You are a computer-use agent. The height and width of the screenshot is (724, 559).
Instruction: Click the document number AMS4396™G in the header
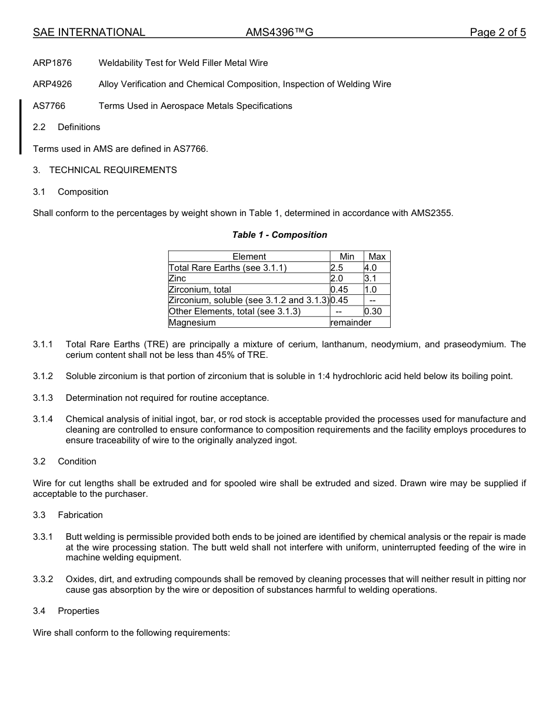[x=279, y=32]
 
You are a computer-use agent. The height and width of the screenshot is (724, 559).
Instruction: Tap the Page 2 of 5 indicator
[x=497, y=32]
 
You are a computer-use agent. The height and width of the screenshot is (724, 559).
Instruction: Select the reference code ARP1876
[x=52, y=62]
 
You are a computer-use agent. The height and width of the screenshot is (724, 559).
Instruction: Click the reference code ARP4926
[x=52, y=84]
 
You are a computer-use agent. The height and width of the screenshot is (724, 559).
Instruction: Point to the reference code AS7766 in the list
[x=49, y=106]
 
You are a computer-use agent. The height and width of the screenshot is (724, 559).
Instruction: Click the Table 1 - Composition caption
[x=279, y=235]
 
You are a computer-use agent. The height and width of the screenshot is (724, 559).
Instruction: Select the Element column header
[x=249, y=257]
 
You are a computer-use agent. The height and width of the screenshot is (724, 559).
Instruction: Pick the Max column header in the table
[x=377, y=257]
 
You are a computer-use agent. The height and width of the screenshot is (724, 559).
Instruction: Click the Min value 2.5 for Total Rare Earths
[x=337, y=268]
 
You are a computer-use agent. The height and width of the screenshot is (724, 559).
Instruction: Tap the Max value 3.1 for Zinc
[x=370, y=278]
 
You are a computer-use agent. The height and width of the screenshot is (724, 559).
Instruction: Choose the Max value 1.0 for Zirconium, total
[x=370, y=290]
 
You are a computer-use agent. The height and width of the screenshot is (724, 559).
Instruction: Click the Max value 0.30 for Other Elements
[x=373, y=311]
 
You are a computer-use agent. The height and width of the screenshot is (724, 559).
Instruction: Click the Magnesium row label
[x=192, y=323]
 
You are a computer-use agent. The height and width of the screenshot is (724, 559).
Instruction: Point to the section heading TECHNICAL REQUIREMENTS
[x=113, y=170]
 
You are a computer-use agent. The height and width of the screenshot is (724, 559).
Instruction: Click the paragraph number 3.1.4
[x=43, y=419]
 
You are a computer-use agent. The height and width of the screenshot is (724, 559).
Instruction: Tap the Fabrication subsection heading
[x=80, y=515]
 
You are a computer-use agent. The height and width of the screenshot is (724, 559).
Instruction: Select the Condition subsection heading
[x=77, y=461]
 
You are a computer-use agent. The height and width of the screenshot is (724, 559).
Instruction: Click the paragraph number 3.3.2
[x=43, y=580]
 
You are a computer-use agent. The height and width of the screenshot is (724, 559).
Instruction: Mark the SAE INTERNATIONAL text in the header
[x=89, y=32]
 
